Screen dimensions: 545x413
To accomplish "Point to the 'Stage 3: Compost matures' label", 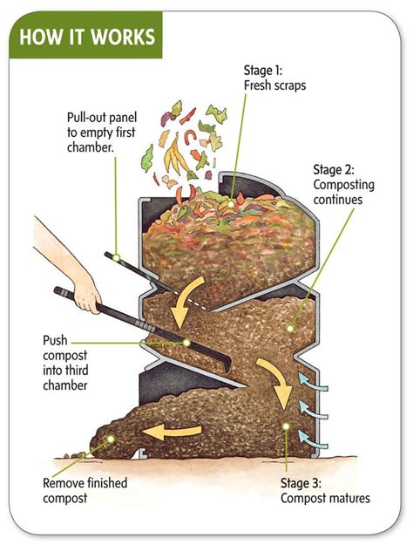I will point(324,491).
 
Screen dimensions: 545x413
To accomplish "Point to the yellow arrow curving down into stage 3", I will point(275,379).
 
